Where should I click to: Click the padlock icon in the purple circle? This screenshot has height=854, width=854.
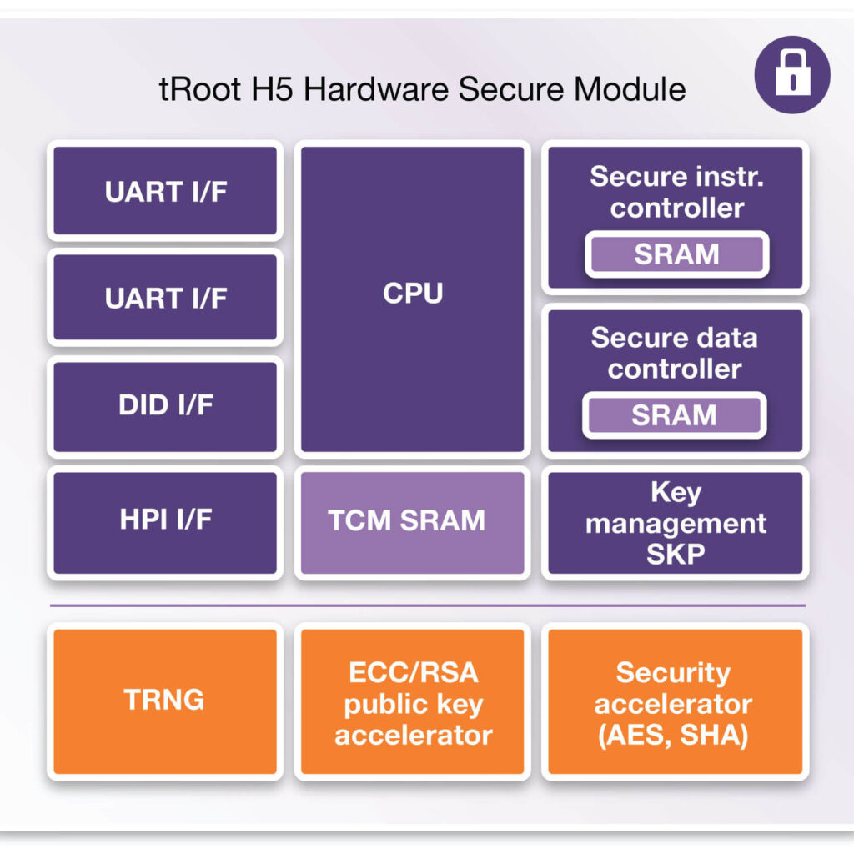tap(791, 74)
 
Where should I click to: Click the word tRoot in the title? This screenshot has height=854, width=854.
tap(196, 88)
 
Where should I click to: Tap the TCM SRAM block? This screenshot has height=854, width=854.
tap(413, 522)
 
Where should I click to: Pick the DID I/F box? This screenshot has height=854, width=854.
tap(165, 406)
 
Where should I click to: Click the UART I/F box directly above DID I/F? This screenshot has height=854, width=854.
tap(165, 298)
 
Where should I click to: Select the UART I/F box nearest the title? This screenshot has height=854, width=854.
tap(165, 192)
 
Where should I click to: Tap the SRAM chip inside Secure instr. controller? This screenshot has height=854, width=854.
tap(676, 254)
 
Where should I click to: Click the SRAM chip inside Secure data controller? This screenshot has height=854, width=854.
tap(674, 415)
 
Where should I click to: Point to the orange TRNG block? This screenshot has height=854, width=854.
tap(164, 701)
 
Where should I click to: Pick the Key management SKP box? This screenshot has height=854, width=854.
tap(674, 522)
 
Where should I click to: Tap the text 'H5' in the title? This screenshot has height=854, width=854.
tap(267, 88)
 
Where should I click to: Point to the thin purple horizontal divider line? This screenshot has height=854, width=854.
tap(427, 605)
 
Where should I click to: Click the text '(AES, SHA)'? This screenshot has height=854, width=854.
tap(674, 736)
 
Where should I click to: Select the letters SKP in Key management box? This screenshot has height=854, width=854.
tap(674, 554)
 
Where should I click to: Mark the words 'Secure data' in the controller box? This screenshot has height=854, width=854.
tap(674, 338)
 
